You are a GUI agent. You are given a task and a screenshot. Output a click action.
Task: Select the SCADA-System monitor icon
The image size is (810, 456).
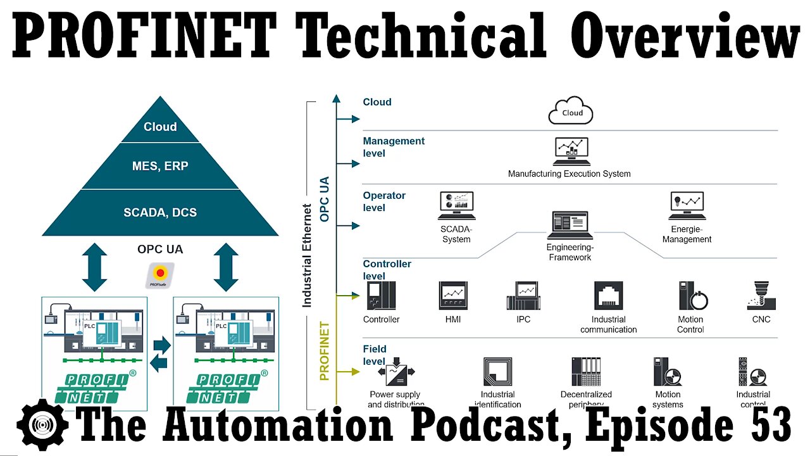pos(456,206)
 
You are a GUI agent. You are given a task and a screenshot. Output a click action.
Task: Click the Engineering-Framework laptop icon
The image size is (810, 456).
pos(570,225)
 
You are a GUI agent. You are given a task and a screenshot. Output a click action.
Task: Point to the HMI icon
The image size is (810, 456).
pos(453,296)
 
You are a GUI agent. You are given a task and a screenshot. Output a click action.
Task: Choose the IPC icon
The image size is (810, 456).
pos(523,296)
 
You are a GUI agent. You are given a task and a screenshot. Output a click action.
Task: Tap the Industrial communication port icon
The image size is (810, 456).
pos(608,296)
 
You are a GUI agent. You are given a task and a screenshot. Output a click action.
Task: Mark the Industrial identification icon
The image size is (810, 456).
pos(497,372)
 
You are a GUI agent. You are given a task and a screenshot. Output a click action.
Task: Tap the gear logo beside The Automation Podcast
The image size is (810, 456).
pos(43,425)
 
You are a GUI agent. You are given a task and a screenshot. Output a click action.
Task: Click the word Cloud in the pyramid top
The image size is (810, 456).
pos(160,127)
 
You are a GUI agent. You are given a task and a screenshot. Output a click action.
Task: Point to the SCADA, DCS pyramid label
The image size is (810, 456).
pos(160,212)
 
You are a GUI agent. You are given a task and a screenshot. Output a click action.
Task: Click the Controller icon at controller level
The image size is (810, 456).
pos(381,296)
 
